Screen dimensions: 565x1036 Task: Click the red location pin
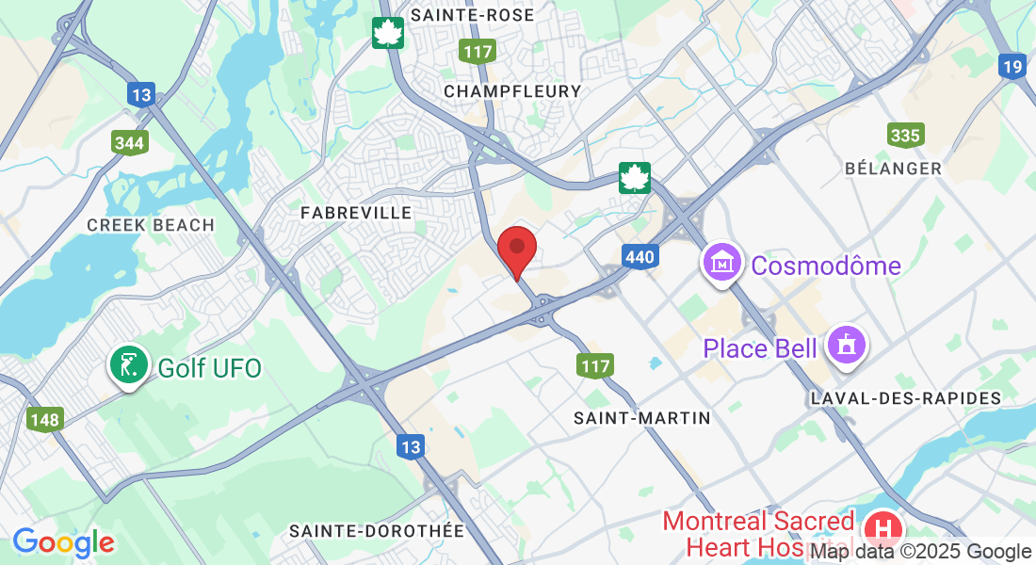(517, 249)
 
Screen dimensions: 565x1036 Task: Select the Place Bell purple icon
(845, 346)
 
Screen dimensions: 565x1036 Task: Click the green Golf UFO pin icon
(128, 365)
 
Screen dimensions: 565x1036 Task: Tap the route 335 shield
(905, 136)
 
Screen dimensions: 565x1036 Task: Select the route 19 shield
(1012, 66)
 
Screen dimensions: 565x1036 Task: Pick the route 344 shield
(129, 143)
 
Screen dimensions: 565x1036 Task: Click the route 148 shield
(44, 419)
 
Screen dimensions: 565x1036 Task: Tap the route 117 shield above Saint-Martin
(595, 365)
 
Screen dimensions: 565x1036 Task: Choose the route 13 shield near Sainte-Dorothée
(410, 448)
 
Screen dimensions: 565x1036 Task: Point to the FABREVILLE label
(356, 213)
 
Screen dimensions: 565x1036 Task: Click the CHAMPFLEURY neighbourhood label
(512, 91)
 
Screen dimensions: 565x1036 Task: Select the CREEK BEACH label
(151, 225)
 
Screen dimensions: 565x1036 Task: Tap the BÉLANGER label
(893, 168)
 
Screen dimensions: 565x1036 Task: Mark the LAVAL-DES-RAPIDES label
(906, 398)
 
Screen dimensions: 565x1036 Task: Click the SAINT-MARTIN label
(642, 417)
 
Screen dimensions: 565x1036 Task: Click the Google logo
(63, 542)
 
